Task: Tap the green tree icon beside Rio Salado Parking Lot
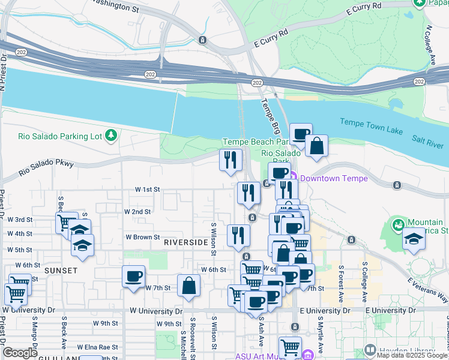coord(110,136)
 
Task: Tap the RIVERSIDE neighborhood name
coord(186,242)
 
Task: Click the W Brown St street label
coord(142,237)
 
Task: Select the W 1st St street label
coord(148,189)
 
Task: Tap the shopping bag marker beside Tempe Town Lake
coord(316,145)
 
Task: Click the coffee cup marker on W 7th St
coord(133,277)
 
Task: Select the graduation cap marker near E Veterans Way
coord(413,239)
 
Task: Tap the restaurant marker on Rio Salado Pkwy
coord(231,160)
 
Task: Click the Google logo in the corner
coord(20,353)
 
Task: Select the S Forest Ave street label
coord(341,284)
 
